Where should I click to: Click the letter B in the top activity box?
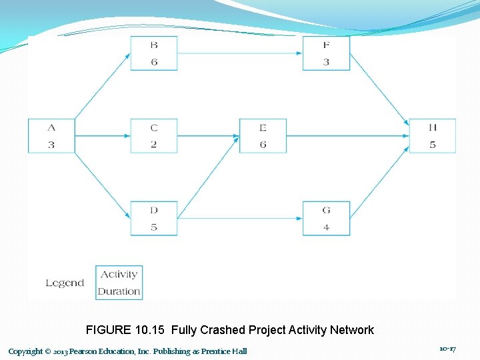click(x=154, y=45)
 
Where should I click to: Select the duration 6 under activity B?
click(x=154, y=62)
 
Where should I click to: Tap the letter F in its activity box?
click(x=326, y=45)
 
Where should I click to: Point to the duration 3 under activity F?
click(x=326, y=62)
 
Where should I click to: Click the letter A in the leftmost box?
click(x=51, y=127)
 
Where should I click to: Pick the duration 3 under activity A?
click(x=51, y=145)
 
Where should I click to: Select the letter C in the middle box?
click(x=154, y=127)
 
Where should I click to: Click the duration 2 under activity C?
click(x=154, y=145)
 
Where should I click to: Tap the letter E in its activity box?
click(x=263, y=127)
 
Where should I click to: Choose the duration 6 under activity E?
click(x=263, y=145)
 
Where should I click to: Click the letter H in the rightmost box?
click(x=433, y=127)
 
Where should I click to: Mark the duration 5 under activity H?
click(x=433, y=145)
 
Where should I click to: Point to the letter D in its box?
click(x=154, y=210)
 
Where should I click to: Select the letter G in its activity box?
click(x=326, y=210)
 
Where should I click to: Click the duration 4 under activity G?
click(x=326, y=227)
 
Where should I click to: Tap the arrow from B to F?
click(x=240, y=53)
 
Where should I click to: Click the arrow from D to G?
click(x=240, y=218)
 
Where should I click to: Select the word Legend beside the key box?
click(x=65, y=283)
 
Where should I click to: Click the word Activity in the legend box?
click(x=119, y=274)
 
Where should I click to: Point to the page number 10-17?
click(x=447, y=349)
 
